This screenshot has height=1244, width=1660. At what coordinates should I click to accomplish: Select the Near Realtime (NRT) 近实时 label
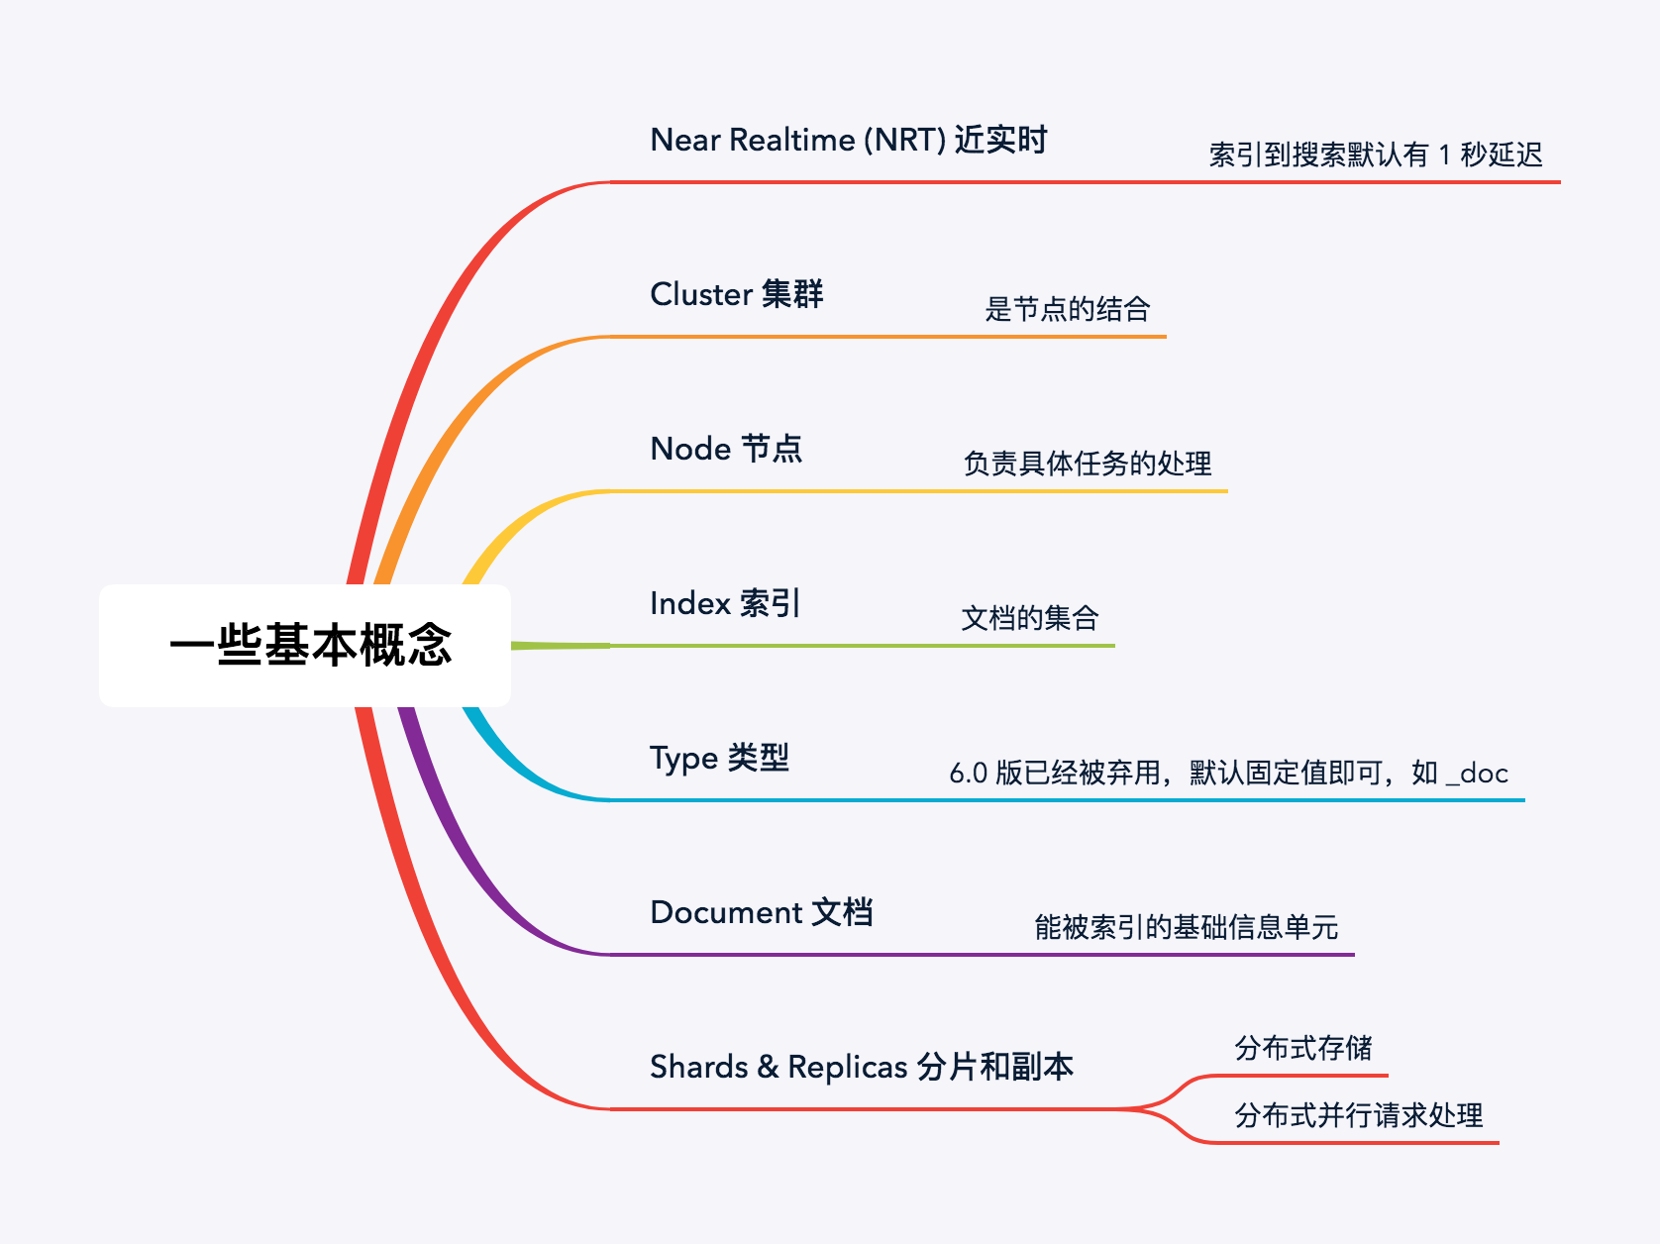tap(848, 140)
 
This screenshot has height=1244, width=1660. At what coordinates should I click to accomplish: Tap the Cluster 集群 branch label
tap(736, 294)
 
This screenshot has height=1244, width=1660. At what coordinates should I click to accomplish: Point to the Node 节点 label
tap(726, 449)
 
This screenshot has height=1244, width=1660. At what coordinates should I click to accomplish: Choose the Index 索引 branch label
tap(724, 603)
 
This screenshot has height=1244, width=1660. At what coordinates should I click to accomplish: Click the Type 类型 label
tap(719, 758)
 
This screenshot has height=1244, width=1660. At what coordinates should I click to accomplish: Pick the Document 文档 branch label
tap(761, 912)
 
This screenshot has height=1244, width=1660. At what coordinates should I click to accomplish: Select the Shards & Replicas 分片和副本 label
tap(861, 1067)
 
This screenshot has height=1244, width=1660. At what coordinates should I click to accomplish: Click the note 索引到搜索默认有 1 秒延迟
tap(1375, 155)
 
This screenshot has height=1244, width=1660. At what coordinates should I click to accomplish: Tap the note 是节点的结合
tap(1067, 309)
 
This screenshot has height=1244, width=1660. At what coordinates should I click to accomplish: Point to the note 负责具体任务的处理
tap(1087, 464)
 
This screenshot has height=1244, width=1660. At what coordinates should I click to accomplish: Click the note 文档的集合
tap(1030, 618)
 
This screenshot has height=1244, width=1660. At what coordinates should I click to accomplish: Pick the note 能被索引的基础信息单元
tap(1186, 927)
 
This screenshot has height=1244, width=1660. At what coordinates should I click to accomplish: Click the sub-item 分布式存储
tap(1302, 1048)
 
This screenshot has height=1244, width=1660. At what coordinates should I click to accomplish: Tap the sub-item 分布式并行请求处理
tap(1358, 1115)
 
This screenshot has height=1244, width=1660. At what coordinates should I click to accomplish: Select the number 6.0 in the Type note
tap(968, 774)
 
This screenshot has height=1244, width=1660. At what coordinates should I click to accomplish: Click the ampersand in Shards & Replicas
tap(768, 1067)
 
